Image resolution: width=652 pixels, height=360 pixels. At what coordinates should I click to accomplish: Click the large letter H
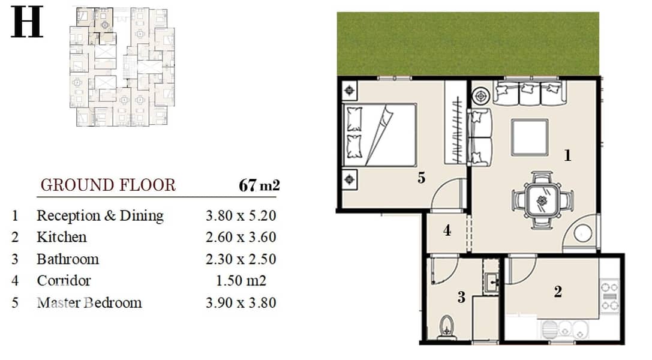point(27,22)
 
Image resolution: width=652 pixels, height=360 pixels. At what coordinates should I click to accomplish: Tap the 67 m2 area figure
point(259,185)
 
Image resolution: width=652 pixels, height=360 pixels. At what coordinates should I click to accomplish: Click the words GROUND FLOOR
point(108,185)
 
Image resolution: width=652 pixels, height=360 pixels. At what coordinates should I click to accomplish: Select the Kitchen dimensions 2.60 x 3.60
point(241,237)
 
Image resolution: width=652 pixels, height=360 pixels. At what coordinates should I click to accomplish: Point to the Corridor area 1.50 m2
point(241,281)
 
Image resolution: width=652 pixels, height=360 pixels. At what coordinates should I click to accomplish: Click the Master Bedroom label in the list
point(89,302)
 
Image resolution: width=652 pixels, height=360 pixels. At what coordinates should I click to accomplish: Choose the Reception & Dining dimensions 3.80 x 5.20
point(241,215)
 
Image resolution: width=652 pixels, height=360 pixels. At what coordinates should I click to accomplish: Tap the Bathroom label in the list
point(68,259)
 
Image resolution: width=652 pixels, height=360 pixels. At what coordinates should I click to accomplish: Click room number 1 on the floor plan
point(567,155)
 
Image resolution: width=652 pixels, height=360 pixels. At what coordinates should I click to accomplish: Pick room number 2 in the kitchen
point(558,292)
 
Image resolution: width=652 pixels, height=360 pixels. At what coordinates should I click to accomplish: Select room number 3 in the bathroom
point(461,297)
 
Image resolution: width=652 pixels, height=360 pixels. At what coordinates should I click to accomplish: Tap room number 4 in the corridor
point(447,230)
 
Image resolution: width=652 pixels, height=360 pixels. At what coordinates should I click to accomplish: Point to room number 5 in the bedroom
point(421,178)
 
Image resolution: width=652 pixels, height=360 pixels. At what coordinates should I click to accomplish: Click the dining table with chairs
point(542,200)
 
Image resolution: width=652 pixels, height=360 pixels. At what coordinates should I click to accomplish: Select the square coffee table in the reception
point(529,137)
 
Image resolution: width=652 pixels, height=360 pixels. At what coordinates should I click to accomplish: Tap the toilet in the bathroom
point(447,328)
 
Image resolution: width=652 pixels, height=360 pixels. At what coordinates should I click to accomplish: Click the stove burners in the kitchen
point(609,296)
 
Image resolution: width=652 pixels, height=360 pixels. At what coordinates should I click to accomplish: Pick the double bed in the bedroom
point(379,135)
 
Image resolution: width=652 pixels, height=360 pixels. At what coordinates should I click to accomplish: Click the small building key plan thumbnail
point(122,67)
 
